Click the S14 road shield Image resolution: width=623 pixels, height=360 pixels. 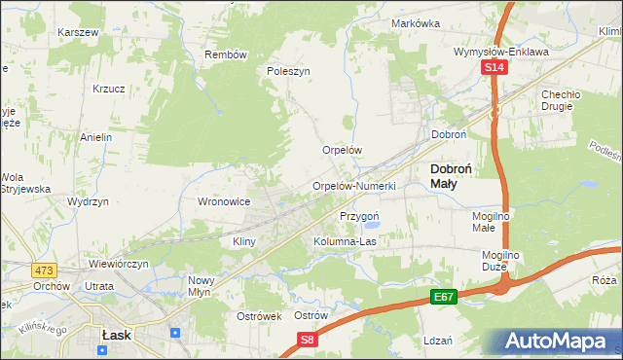pyautogui.click(x=495, y=67)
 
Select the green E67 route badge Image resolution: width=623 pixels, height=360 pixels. pyautogui.click(x=444, y=295)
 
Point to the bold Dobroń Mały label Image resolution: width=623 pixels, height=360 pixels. pyautogui.click(x=451, y=175)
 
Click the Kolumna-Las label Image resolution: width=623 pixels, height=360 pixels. pyautogui.click(x=344, y=240)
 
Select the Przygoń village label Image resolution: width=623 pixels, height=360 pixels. pyautogui.click(x=358, y=215)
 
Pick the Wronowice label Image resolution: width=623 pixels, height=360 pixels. pyautogui.click(x=225, y=201)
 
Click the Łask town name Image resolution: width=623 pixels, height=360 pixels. pyautogui.click(x=117, y=334)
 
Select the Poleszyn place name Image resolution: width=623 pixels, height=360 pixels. pyautogui.click(x=288, y=71)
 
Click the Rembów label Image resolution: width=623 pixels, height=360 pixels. pyautogui.click(x=225, y=54)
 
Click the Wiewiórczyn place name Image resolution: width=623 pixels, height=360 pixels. pyautogui.click(x=117, y=263)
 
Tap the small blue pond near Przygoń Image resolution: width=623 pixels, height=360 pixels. pyautogui.click(x=374, y=230)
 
